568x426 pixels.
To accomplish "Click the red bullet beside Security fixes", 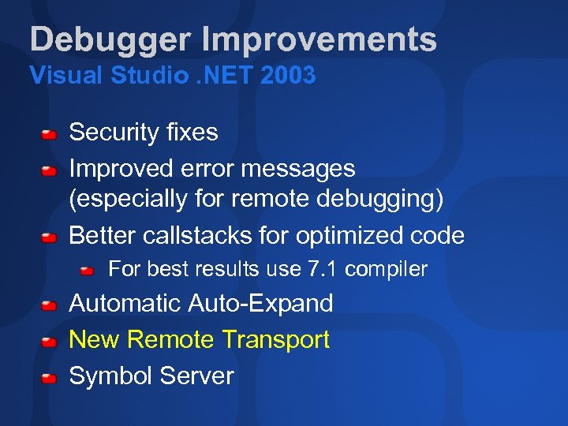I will tap(49, 134).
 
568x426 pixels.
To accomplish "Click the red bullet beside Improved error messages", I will tap(49, 170).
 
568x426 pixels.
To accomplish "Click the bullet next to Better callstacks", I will tap(49, 237).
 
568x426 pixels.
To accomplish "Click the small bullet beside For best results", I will tap(87, 271).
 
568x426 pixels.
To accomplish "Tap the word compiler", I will tap(387, 270).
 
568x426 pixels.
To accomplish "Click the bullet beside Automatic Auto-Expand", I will tap(49, 305).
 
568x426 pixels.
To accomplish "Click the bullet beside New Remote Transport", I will tap(49, 342).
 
